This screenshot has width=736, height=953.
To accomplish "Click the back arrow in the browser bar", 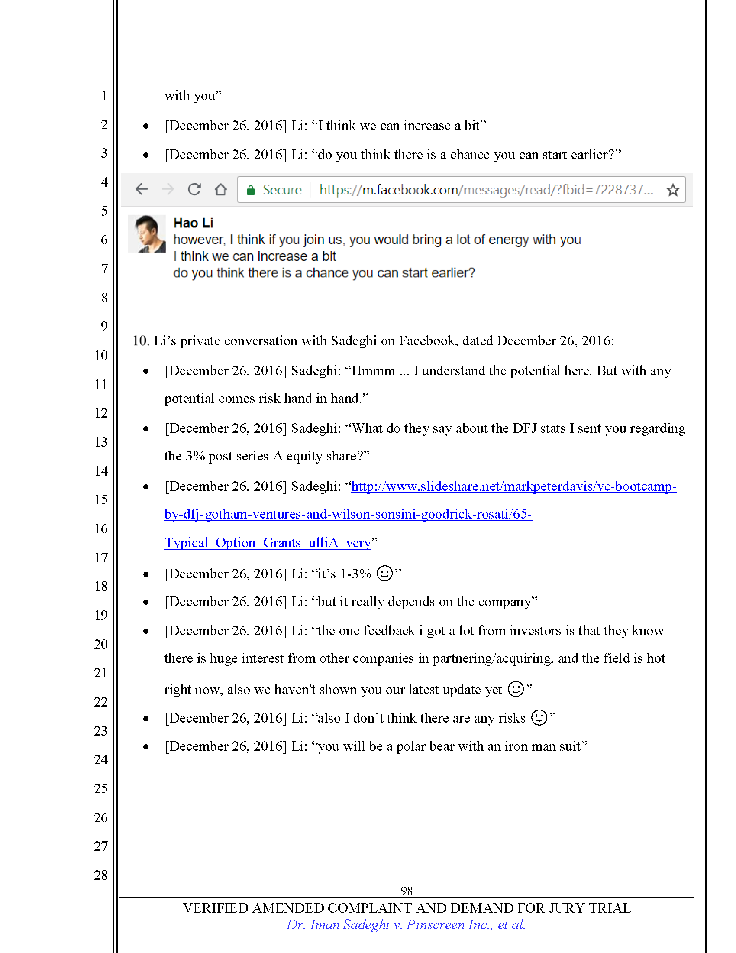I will [x=142, y=189].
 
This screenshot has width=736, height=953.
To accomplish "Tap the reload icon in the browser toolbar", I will [x=194, y=189].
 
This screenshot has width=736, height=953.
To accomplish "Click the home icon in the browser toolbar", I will [x=221, y=189].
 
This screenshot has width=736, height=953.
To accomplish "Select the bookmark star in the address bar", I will [x=673, y=190].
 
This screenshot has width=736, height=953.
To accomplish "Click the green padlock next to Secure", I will [x=251, y=190].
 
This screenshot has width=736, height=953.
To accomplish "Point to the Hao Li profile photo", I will [x=147, y=233].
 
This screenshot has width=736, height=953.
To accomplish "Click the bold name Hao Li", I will [x=193, y=223].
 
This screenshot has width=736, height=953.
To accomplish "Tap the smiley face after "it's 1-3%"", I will [x=384, y=574].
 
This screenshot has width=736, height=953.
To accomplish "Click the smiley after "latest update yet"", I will [x=516, y=689].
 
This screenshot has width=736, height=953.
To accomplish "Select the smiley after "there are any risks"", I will [x=539, y=717].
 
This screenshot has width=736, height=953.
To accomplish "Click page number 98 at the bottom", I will [x=407, y=891].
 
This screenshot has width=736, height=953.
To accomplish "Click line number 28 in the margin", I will [x=101, y=875].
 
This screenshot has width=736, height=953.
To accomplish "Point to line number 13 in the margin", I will [x=101, y=442].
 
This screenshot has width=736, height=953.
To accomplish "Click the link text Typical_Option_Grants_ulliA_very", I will [x=267, y=542].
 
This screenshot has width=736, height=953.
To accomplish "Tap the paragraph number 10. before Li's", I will [x=141, y=341].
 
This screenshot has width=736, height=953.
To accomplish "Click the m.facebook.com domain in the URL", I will [x=410, y=190].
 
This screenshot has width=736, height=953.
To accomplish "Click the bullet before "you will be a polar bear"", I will [x=146, y=747].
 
